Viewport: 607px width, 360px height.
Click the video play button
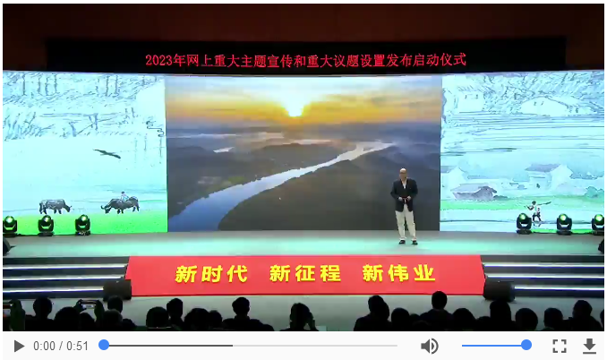19,346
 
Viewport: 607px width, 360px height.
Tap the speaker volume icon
430,346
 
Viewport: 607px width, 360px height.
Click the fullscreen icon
559,346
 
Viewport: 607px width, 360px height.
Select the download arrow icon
589,346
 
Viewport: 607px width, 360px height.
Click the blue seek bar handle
104,345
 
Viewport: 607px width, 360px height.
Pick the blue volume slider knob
526,345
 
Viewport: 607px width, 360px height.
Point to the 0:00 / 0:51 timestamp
61,346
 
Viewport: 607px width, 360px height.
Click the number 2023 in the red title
158,60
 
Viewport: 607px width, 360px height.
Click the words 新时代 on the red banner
211,274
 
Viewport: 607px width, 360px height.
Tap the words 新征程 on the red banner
305,274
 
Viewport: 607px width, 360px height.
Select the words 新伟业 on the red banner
398,273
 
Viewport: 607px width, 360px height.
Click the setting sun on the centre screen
295,111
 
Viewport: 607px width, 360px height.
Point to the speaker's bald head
403,173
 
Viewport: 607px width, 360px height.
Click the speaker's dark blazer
404,194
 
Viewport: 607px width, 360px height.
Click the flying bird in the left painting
107,154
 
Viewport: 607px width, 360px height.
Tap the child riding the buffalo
124,197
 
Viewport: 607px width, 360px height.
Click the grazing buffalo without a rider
55,206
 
